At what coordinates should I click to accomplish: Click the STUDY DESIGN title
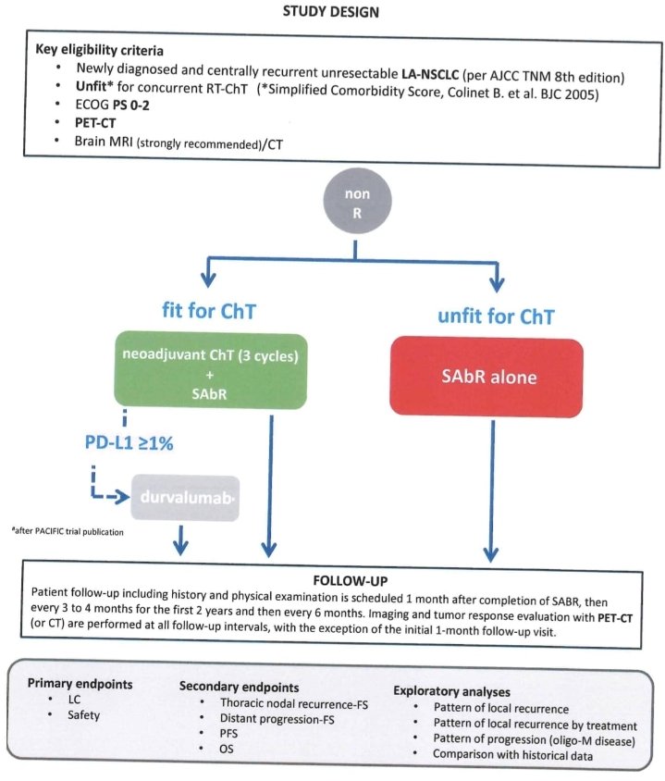tap(330, 11)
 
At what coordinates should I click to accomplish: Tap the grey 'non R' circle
tap(357, 201)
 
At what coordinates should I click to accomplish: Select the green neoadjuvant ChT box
tap(211, 372)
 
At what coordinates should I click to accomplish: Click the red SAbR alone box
tap(486, 377)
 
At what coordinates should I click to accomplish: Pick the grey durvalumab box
tap(185, 498)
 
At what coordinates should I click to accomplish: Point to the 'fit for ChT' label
tap(209, 311)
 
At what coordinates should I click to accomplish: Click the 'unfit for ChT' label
tap(496, 316)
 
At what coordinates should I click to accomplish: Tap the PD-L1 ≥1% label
tap(129, 443)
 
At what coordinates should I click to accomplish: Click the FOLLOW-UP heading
tap(351, 581)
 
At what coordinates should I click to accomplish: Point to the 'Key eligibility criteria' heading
tap(100, 50)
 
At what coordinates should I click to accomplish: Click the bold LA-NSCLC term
tap(430, 75)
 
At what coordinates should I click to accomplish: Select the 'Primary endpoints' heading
tap(80, 683)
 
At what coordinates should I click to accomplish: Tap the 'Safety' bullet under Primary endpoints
tap(83, 714)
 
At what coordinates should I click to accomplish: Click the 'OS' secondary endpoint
tap(227, 749)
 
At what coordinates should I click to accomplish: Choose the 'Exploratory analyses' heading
tap(451, 691)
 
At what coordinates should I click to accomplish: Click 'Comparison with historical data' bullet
tap(512, 755)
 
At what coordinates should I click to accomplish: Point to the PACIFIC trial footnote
tap(68, 531)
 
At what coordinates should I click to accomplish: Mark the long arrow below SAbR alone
tap(491, 490)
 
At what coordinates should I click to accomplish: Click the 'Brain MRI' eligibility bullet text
tap(179, 143)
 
